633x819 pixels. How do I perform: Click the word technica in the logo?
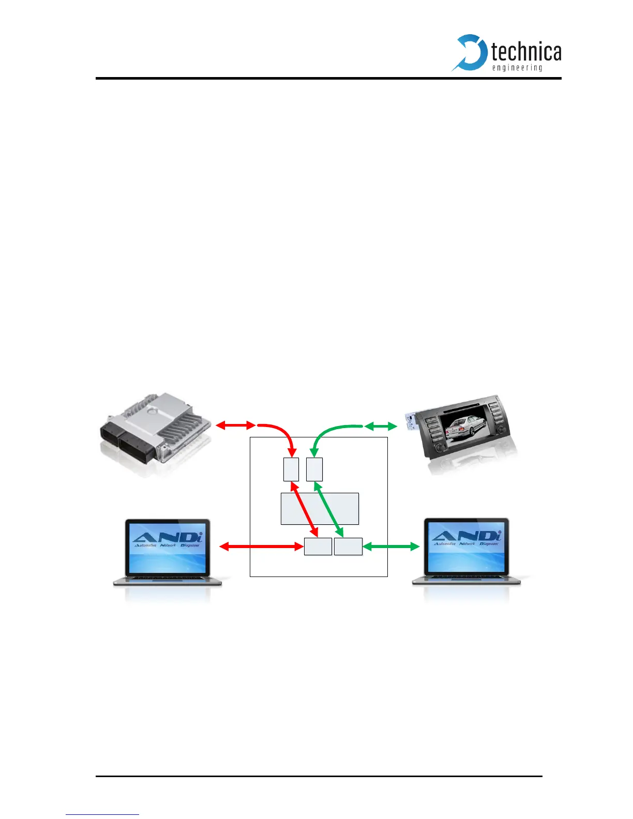point(526,52)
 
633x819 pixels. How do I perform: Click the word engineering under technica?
point(517,68)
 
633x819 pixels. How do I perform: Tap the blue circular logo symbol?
point(470,52)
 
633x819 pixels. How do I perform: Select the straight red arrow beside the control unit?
point(235,426)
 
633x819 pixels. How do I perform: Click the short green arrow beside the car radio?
point(381,426)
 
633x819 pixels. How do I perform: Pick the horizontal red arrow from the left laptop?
point(261,546)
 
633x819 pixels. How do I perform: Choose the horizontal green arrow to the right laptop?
point(391,546)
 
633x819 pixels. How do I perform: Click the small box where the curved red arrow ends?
point(291,469)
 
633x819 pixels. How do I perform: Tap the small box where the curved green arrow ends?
point(314,469)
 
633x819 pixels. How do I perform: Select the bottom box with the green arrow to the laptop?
point(348,547)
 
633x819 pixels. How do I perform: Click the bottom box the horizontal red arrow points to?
point(318,547)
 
